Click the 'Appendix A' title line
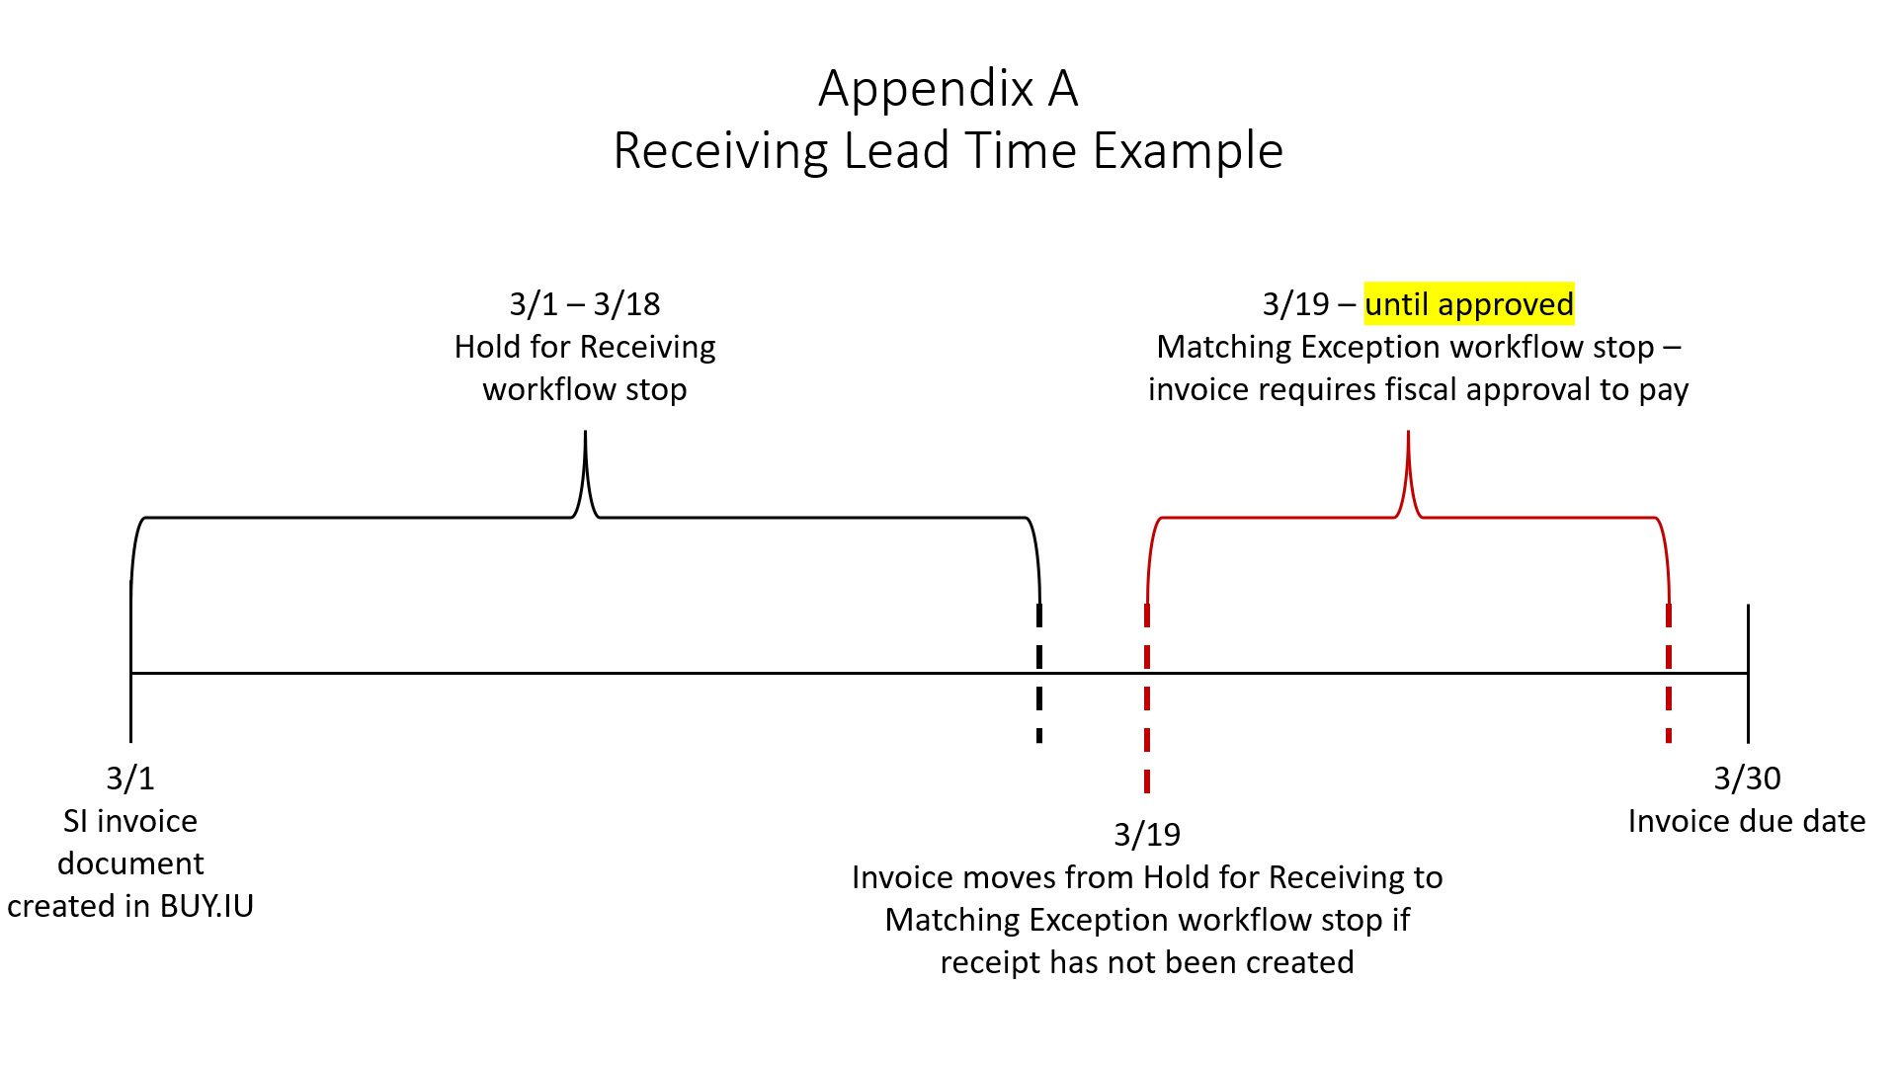point(948,89)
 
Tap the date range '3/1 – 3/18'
point(585,304)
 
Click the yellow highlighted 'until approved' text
point(1469,304)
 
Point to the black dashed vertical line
point(1039,673)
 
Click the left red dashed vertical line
point(1147,698)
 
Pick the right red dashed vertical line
point(1669,673)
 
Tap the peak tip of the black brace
point(585,432)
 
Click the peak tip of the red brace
point(1408,432)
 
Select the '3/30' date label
point(1747,779)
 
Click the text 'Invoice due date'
point(1747,821)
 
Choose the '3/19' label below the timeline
point(1147,835)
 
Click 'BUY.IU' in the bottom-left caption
point(206,906)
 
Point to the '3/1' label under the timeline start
point(130,779)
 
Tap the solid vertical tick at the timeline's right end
point(1748,673)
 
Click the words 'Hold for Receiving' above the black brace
point(585,347)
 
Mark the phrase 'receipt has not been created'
point(1147,962)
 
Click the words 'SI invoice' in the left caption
point(130,821)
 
